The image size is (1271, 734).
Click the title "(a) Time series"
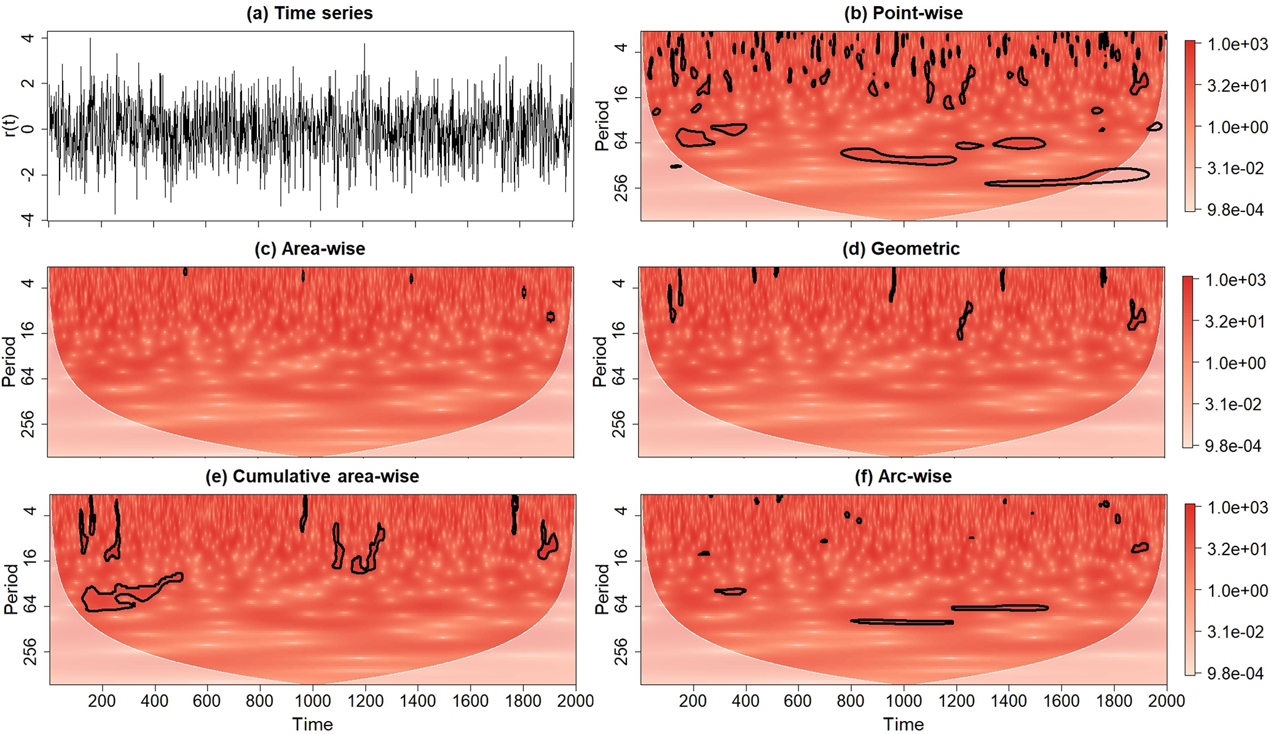coord(310,13)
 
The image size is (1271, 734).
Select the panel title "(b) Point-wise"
coord(903,13)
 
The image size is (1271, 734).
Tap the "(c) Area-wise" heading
coord(310,248)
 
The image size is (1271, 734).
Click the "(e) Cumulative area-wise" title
coord(312,476)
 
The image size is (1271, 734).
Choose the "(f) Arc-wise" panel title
coord(903,476)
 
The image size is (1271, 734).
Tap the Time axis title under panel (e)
coord(312,724)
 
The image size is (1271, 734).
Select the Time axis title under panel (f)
coord(903,724)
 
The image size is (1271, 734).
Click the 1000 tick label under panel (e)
coord(313,701)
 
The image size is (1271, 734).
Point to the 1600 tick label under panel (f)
coord(1061,701)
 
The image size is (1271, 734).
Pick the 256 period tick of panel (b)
coord(621,187)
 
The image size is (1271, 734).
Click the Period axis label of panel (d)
coord(600,361)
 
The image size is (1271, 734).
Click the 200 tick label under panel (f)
coord(693,701)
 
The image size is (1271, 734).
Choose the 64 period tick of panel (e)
coord(29,606)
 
